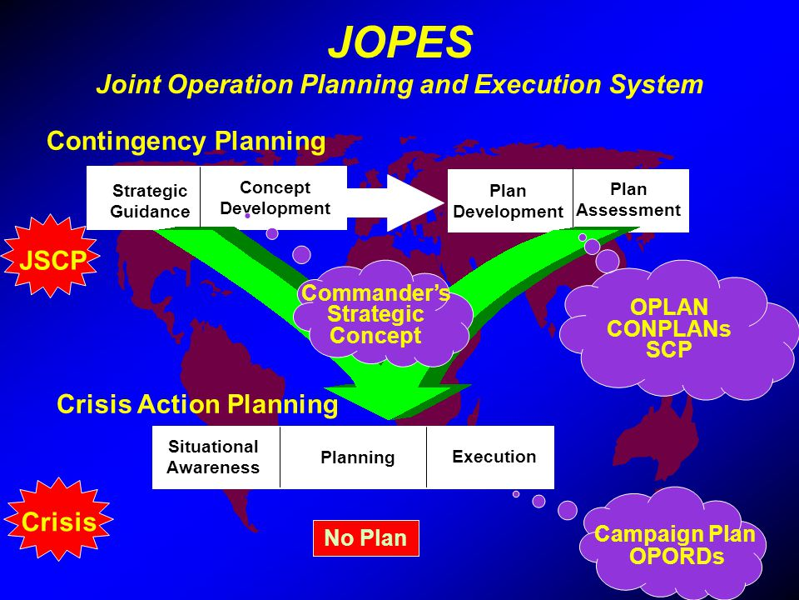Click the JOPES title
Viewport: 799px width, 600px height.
click(400, 42)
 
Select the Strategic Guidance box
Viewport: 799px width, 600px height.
click(143, 198)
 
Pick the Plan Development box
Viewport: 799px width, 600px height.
click(510, 201)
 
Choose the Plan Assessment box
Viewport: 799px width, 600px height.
click(631, 201)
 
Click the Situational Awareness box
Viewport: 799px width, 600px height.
click(216, 457)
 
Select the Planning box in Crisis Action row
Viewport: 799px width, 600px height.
click(353, 457)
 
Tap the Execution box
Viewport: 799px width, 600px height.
click(490, 457)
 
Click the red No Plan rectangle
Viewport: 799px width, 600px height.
click(366, 538)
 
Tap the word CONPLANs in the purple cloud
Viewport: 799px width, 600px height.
click(668, 328)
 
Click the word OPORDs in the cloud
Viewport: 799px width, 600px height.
click(677, 556)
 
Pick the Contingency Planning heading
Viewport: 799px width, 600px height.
click(186, 142)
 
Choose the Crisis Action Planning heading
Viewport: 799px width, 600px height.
click(197, 404)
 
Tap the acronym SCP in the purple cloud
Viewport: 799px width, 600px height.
click(668, 350)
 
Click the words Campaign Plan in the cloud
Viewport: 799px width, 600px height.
click(675, 534)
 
